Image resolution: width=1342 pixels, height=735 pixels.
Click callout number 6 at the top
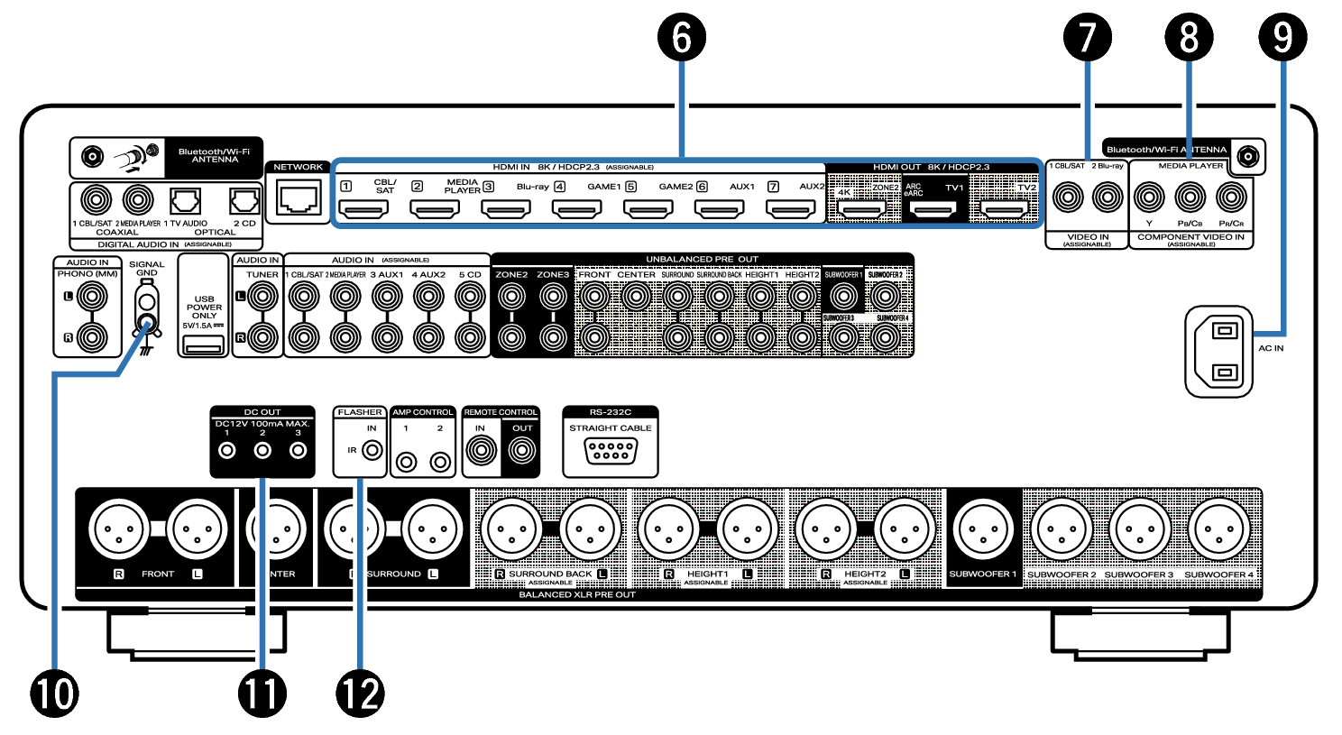pos(682,39)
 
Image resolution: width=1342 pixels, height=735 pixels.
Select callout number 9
pos(1282,39)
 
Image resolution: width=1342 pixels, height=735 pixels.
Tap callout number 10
pos(54,694)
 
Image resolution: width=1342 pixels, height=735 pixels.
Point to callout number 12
pos(360,694)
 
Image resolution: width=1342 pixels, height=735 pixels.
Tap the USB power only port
pos(205,344)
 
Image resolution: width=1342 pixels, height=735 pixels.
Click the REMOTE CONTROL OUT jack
pos(522,449)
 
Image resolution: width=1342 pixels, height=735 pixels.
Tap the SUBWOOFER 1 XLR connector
pos(982,529)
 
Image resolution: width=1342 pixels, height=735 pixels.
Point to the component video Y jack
pos(1149,197)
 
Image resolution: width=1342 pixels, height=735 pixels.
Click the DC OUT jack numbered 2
pos(262,449)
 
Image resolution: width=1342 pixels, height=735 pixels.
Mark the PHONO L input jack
pos(91,296)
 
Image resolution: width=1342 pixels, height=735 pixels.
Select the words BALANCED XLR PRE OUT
pos(577,595)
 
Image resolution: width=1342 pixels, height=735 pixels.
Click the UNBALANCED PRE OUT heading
pos(702,260)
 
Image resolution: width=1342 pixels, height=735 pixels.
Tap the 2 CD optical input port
pos(244,200)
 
